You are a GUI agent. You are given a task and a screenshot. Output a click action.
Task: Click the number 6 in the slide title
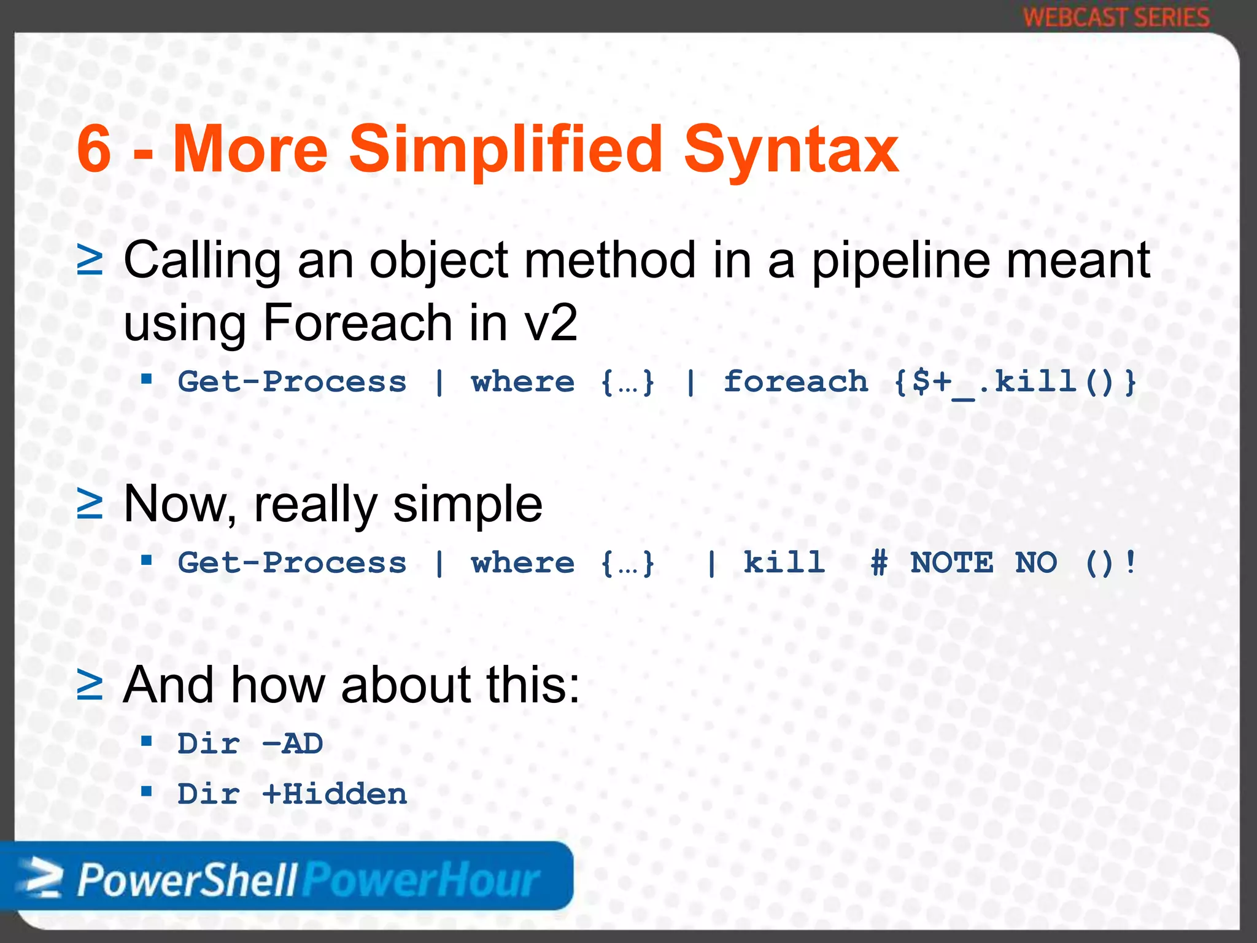coord(94,149)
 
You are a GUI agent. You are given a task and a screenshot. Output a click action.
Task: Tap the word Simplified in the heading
coord(506,149)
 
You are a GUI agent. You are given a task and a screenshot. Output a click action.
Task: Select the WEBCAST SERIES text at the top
coord(1116,17)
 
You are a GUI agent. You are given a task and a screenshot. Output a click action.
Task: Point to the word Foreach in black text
coord(358,322)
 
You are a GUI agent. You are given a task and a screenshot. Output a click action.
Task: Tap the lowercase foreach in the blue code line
coord(795,382)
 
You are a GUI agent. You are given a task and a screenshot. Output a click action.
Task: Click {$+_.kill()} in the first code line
coord(1015,382)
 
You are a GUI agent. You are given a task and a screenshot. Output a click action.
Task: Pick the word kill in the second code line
coord(784,563)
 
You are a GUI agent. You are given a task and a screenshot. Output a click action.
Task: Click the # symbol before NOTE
coord(879,563)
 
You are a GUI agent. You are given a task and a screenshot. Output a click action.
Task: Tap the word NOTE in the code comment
coord(951,563)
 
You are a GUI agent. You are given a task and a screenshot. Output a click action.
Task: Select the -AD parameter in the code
coord(292,744)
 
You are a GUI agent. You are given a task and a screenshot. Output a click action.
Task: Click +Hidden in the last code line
coord(335,794)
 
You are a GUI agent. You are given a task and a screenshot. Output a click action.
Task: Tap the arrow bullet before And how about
coord(90,685)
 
